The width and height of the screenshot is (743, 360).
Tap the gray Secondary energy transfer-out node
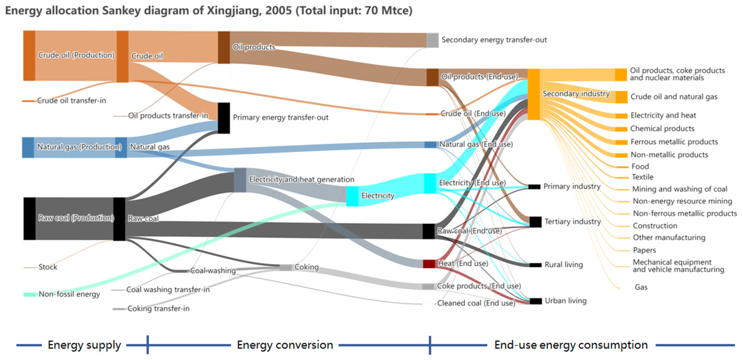[432, 40]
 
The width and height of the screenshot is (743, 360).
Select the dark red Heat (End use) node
[429, 264]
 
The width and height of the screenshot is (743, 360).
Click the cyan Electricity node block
[352, 196]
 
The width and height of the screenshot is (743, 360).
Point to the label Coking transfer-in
[158, 309]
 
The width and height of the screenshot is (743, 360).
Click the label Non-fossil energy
[69, 294]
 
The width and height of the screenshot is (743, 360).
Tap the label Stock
[48, 267]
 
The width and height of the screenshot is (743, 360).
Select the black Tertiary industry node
[535, 222]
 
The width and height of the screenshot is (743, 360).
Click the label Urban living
[565, 301]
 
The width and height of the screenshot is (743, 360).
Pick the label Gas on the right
[641, 287]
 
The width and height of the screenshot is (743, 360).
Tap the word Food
[640, 167]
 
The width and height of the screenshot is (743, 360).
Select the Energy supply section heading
[84, 345]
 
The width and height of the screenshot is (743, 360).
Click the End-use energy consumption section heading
[571, 345]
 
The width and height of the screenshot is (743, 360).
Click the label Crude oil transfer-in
[71, 101]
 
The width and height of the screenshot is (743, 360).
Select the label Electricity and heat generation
[302, 180]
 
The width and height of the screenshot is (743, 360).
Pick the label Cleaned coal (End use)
[476, 303]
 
